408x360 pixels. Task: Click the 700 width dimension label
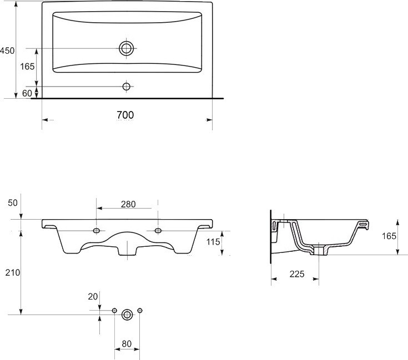125,115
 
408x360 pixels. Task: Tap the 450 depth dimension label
7,50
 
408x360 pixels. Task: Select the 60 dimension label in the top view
27,93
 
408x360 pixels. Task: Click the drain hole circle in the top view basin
127,48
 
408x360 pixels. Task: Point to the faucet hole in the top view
127,87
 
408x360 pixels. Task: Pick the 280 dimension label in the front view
128,204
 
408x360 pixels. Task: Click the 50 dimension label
13,203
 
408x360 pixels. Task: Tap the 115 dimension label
213,242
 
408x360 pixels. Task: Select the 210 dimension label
12,273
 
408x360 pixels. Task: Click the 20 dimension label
93,297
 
